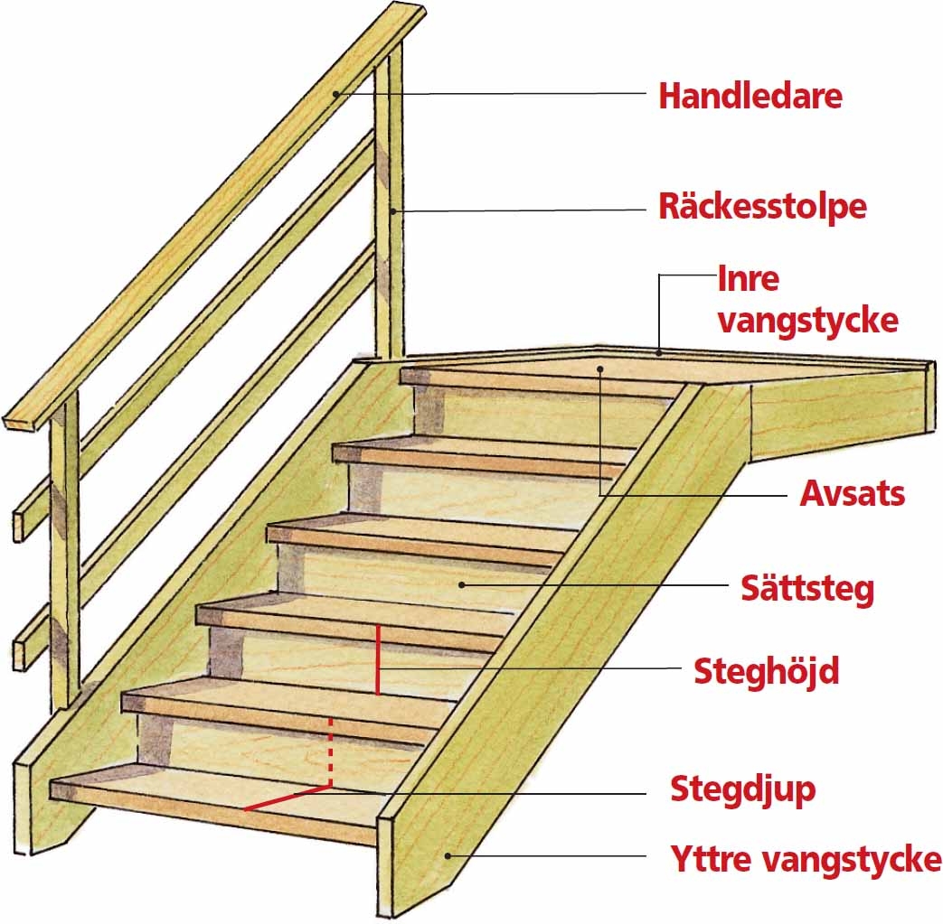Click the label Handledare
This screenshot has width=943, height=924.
(750, 95)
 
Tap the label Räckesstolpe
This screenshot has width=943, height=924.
(762, 207)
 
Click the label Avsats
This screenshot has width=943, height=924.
(852, 495)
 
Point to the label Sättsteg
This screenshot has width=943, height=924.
(807, 589)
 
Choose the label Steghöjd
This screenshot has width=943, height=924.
(767, 671)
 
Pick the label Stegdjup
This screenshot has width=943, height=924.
(742, 789)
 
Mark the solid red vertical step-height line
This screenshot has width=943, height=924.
(377, 659)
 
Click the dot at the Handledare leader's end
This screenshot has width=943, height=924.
(336, 93)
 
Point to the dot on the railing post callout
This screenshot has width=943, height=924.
(394, 210)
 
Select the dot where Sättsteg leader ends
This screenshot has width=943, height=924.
(463, 584)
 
